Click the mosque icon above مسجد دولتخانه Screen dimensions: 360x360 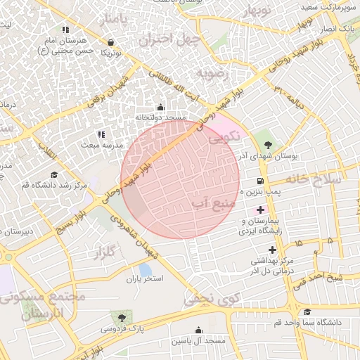(160, 108)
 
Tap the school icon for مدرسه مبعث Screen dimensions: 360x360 (101, 134)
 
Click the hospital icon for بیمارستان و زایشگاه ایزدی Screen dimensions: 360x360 (261, 210)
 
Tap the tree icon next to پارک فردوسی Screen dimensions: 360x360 (122, 318)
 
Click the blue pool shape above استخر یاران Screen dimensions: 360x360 (145, 269)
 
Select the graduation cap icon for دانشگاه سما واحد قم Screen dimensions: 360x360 (307, 312)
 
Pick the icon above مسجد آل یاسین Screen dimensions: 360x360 (198, 330)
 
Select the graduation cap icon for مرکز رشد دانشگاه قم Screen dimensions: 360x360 (53, 174)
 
